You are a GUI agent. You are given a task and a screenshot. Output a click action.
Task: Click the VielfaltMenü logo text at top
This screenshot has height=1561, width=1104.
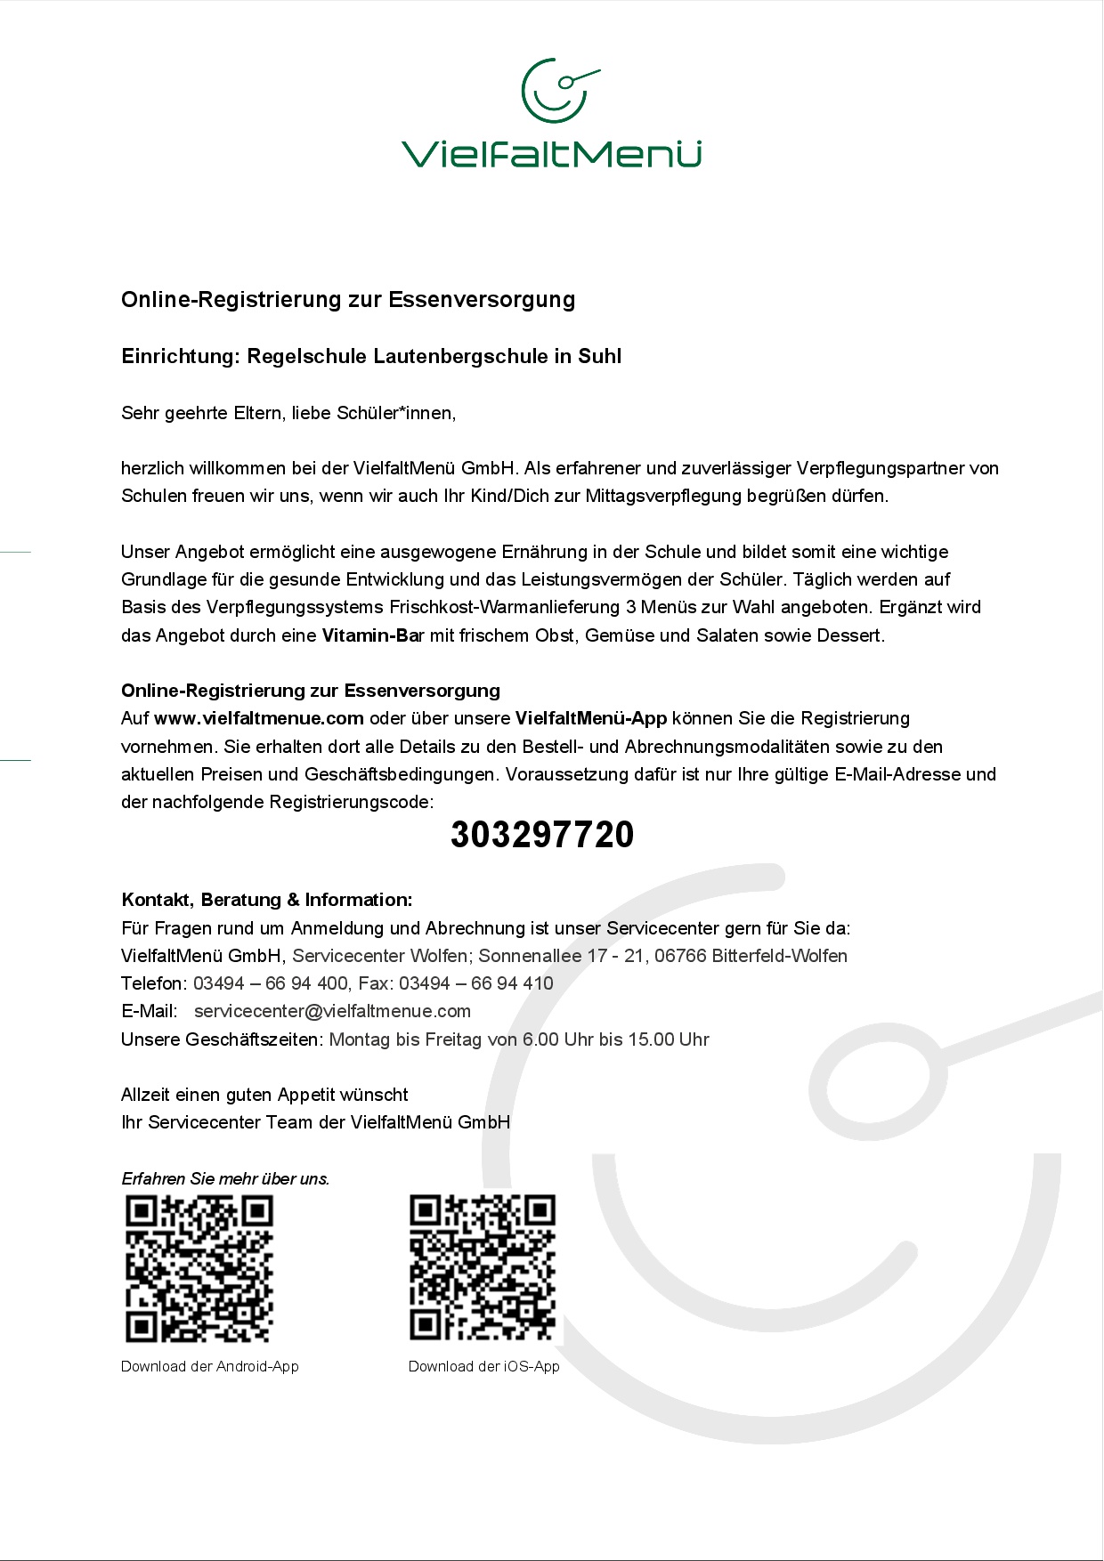pyautogui.click(x=551, y=154)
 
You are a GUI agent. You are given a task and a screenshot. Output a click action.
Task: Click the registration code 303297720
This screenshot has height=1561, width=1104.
pyautogui.click(x=542, y=835)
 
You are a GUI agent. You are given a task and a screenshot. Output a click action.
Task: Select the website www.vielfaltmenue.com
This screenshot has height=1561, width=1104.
pyautogui.click(x=259, y=718)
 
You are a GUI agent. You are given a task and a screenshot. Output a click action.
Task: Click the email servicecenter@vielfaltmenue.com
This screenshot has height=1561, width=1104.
pyautogui.click(x=332, y=1011)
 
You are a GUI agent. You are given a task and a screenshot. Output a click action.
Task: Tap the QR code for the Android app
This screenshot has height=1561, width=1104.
pyautogui.click(x=199, y=1268)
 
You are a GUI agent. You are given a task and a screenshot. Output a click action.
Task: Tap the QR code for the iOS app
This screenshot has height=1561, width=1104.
pyautogui.click(x=483, y=1268)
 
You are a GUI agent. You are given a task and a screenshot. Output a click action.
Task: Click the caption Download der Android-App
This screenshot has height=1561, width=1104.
pyautogui.click(x=210, y=1366)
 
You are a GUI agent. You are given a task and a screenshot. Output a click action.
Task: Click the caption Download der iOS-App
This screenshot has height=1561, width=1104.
pyautogui.click(x=484, y=1366)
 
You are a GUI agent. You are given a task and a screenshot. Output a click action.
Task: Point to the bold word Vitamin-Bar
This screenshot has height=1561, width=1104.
pyautogui.click(x=372, y=635)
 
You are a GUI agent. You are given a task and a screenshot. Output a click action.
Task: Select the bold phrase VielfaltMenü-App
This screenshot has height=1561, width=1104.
pyautogui.click(x=591, y=718)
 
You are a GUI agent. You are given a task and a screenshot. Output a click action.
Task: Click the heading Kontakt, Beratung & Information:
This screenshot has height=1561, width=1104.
pyautogui.click(x=267, y=900)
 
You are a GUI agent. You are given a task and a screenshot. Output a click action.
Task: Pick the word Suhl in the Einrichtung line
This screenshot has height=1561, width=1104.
pyautogui.click(x=600, y=357)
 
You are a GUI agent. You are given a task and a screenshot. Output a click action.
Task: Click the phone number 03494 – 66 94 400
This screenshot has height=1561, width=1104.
pyautogui.click(x=271, y=983)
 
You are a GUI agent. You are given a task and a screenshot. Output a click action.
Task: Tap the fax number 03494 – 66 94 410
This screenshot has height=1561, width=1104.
pyautogui.click(x=476, y=983)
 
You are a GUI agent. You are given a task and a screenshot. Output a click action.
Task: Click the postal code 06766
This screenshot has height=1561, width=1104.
pyautogui.click(x=680, y=956)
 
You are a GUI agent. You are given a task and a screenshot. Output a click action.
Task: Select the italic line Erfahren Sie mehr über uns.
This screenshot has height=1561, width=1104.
pyautogui.click(x=225, y=1178)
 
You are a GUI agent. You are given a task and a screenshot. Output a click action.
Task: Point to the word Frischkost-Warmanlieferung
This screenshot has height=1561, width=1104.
pyautogui.click(x=505, y=607)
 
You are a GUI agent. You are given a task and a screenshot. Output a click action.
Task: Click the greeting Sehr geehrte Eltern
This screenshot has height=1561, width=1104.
pyautogui.click(x=202, y=413)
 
